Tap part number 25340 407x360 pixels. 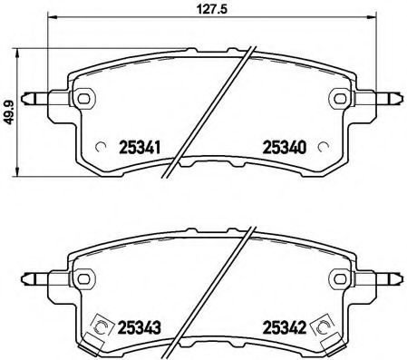(x=284, y=147)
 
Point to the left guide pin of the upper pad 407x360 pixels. (x=38, y=97)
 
